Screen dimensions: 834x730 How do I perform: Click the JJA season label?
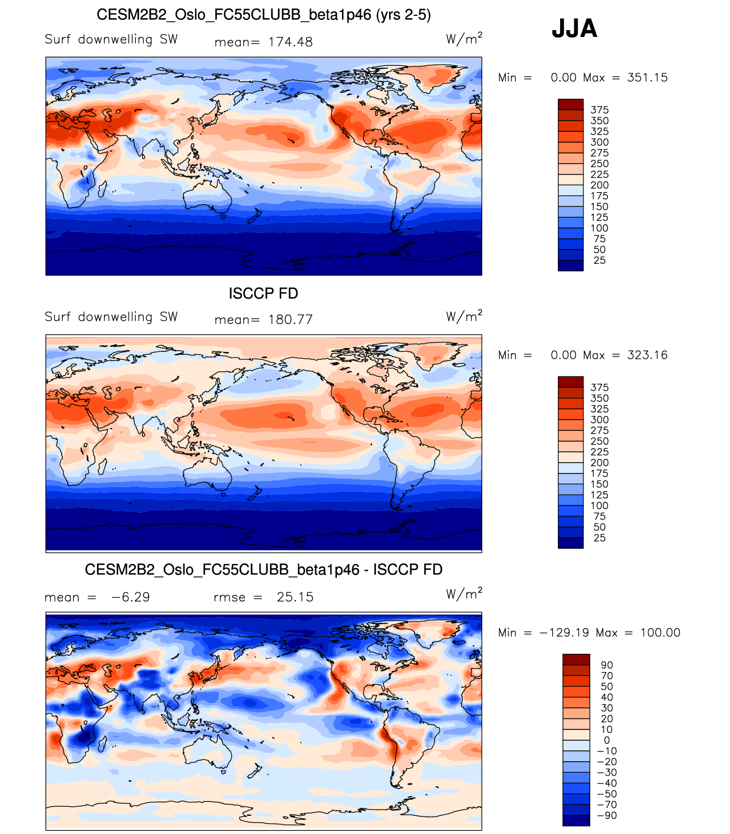click(574, 28)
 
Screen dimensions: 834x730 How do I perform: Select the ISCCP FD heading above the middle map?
click(263, 293)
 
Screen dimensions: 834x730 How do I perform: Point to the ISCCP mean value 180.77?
click(290, 320)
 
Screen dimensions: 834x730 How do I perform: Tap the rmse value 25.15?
click(295, 597)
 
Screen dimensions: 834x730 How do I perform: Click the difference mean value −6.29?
click(130, 597)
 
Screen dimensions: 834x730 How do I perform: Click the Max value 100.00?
click(660, 633)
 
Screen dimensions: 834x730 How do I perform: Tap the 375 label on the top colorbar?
click(599, 110)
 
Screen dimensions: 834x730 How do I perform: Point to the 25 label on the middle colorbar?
click(599, 538)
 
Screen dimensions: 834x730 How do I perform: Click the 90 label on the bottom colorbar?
click(607, 665)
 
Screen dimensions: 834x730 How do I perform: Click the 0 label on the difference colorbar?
click(607, 740)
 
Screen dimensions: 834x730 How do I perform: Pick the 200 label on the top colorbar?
click(599, 185)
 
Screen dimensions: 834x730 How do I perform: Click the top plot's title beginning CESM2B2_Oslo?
click(264, 15)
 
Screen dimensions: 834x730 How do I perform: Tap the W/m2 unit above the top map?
click(464, 39)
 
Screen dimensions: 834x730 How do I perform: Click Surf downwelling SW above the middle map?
click(111, 317)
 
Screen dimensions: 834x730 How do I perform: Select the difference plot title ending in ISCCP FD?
click(264, 570)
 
